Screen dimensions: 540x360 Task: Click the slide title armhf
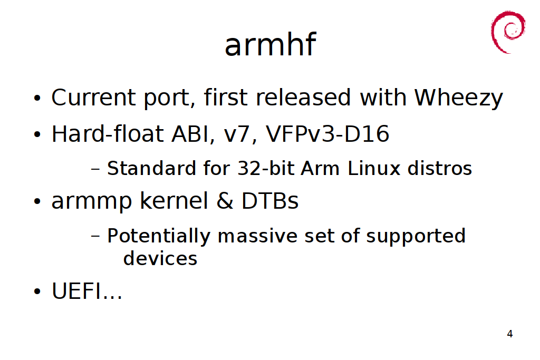(x=270, y=44)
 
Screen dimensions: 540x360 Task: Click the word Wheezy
(x=458, y=98)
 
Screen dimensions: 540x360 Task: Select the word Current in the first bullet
(x=94, y=98)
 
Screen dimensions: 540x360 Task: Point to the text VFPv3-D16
(x=327, y=133)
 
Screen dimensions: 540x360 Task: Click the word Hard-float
(x=108, y=133)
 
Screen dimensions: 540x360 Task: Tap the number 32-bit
(x=266, y=168)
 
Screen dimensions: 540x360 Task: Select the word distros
(x=439, y=168)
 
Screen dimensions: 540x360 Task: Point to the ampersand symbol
(x=225, y=201)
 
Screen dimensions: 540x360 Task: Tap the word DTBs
(x=270, y=201)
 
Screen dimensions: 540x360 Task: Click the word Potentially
(x=159, y=237)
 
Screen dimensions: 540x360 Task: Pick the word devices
(x=160, y=258)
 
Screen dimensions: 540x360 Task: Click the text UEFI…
(x=87, y=291)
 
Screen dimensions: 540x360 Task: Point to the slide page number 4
(x=510, y=334)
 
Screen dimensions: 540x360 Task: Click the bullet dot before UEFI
(x=37, y=291)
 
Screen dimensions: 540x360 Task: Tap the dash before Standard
(x=95, y=169)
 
